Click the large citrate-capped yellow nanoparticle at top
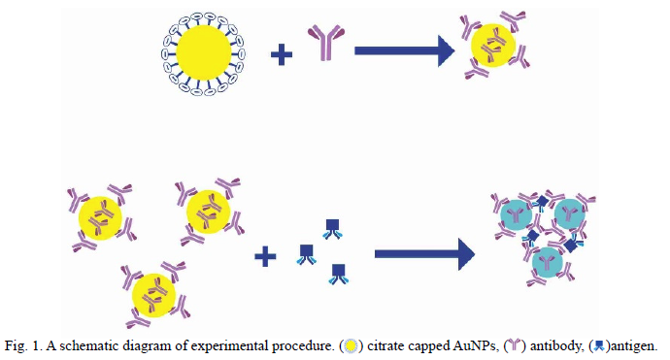203,53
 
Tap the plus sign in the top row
282,54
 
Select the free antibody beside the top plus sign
326,42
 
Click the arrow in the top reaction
404,50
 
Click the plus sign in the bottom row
265,256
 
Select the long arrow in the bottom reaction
424,254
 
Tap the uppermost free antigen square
332,229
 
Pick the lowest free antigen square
339,274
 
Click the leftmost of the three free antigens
307,254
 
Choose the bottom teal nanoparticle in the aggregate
548,262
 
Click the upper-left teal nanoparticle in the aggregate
517,214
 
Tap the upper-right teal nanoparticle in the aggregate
570,213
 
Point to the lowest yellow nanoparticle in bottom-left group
153,295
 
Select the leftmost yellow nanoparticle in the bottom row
100,217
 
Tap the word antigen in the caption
634,345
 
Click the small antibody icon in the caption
515,345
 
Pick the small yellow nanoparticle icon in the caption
351,345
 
